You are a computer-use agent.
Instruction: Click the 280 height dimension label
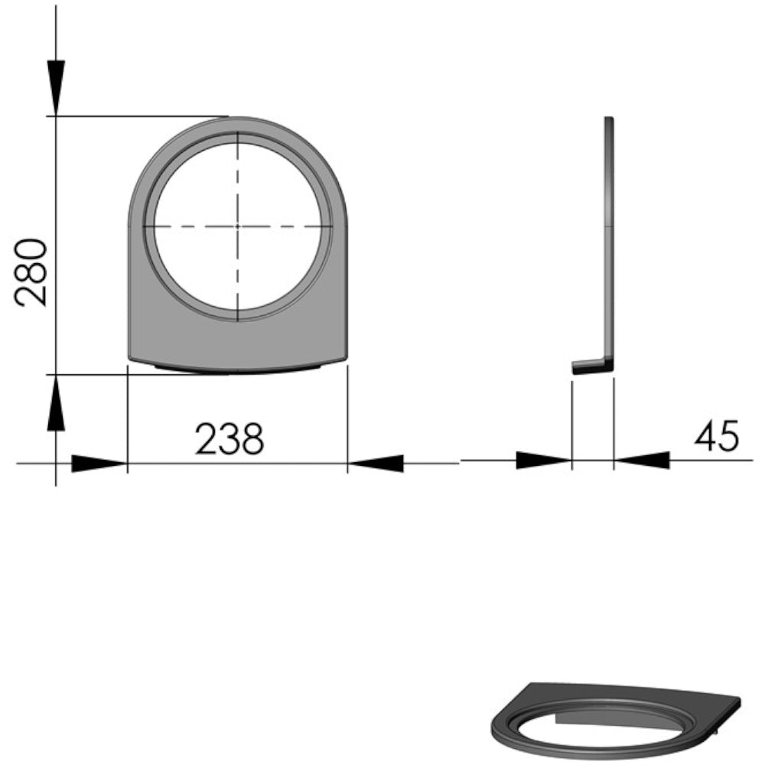pyautogui.click(x=31, y=272)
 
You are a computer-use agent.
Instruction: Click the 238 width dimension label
pyautogui.click(x=229, y=439)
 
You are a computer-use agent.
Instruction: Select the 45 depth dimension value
pyautogui.click(x=717, y=436)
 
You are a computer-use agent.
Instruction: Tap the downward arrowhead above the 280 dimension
pyautogui.click(x=56, y=88)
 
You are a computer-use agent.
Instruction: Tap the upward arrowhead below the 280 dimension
pyautogui.click(x=56, y=403)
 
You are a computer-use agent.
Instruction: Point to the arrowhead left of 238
pyautogui.click(x=99, y=464)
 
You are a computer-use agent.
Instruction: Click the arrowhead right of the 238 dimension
pyautogui.click(x=376, y=464)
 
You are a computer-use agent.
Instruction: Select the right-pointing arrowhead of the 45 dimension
pyautogui.click(x=543, y=460)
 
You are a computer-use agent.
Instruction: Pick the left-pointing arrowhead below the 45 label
pyautogui.click(x=642, y=460)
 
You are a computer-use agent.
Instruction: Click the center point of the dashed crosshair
pyautogui.click(x=238, y=226)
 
